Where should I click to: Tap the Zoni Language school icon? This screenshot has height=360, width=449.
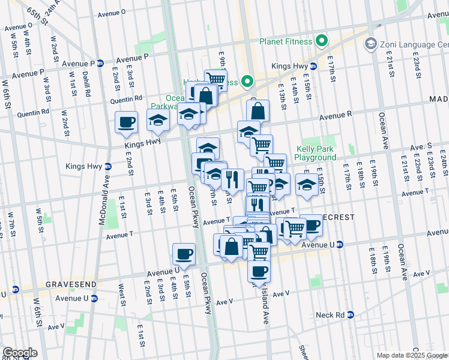pyautogui.click(x=370, y=44)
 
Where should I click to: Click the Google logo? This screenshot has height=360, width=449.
pyautogui.click(x=20, y=352)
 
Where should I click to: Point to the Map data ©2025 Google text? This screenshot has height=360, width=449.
pyautogui.click(x=412, y=355)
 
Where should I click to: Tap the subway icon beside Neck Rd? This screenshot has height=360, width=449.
pyautogui.click(x=351, y=314)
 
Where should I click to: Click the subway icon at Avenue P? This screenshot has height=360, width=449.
pyautogui.click(x=100, y=63)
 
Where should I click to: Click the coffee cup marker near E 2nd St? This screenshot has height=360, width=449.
pyautogui.click(x=126, y=122)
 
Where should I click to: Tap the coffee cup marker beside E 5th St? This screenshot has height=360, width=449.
pyautogui.click(x=184, y=253)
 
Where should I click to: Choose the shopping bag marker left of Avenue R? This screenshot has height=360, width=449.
pyautogui.click(x=258, y=110)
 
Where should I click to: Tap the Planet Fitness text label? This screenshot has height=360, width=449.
pyautogui.click(x=286, y=41)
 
